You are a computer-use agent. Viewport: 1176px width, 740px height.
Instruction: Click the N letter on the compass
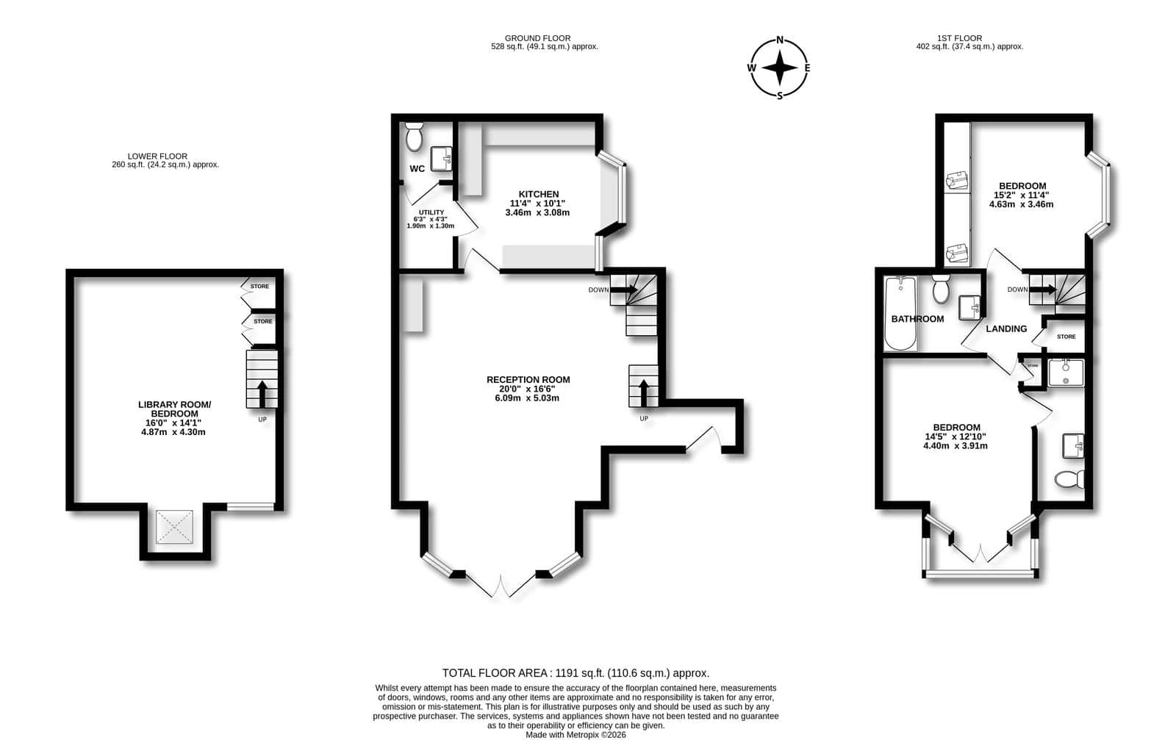pyautogui.click(x=780, y=40)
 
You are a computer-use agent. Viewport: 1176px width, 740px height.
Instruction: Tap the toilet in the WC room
pyautogui.click(x=415, y=137)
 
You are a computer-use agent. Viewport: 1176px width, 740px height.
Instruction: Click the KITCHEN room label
pyautogui.click(x=539, y=194)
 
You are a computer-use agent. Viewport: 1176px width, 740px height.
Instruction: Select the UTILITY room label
pyautogui.click(x=431, y=212)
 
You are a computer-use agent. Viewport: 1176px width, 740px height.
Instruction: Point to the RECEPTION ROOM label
pyautogui.click(x=528, y=379)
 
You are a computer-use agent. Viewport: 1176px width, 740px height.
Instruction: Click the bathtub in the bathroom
pyautogui.click(x=901, y=313)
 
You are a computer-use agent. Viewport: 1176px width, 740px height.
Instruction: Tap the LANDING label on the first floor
pyautogui.click(x=1006, y=329)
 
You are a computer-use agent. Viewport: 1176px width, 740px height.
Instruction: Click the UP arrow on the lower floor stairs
pyautogui.click(x=262, y=394)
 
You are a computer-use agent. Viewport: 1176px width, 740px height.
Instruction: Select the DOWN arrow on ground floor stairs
pyautogui.click(x=624, y=290)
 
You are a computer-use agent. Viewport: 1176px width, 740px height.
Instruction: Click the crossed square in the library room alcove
pyautogui.click(x=174, y=526)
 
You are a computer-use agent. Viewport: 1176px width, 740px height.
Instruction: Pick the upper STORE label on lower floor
pyautogui.click(x=259, y=287)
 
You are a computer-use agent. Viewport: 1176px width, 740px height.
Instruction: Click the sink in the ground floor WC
pyautogui.click(x=441, y=159)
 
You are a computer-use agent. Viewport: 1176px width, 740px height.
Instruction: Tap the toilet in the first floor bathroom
pyautogui.click(x=941, y=290)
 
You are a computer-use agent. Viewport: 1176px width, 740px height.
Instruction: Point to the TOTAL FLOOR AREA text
pyautogui.click(x=576, y=673)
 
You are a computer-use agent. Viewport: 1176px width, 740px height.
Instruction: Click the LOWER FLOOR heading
pyautogui.click(x=157, y=157)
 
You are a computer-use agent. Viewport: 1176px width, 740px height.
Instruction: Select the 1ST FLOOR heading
pyautogui.click(x=960, y=38)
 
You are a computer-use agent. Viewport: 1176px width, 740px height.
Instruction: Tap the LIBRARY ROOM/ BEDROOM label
pyautogui.click(x=175, y=409)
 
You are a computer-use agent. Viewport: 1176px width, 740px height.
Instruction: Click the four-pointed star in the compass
pyautogui.click(x=780, y=68)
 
